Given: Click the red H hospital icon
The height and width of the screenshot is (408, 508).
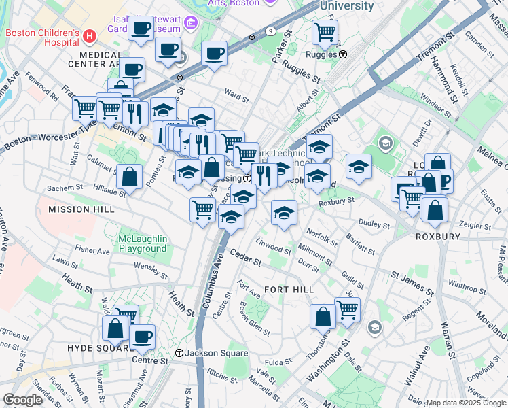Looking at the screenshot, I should click(90, 35).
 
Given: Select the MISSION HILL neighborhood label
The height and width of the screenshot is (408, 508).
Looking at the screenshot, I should click(81, 209).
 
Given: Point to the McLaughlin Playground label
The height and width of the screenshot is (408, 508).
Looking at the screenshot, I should click(133, 243).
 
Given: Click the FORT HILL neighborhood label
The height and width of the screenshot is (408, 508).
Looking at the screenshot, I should click(289, 290).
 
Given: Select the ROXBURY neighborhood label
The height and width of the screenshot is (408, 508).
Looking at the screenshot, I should click(437, 237).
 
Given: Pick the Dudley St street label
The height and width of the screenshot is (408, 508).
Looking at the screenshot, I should click(376, 224).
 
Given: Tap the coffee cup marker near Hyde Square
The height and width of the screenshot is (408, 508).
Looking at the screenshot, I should click(142, 336).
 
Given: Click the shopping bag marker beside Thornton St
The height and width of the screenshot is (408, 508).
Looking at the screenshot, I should click(323, 316).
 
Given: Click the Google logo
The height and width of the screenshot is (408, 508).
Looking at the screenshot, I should click(22, 400).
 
